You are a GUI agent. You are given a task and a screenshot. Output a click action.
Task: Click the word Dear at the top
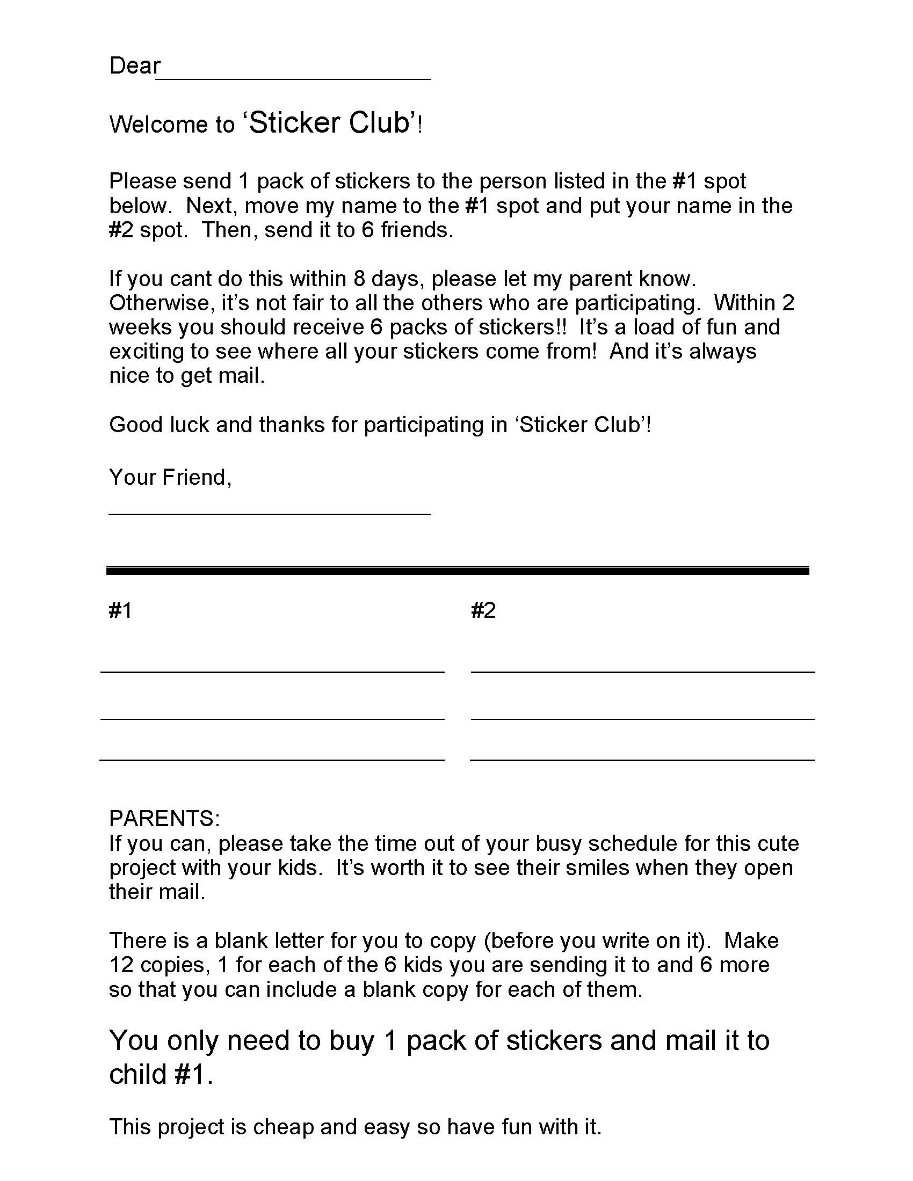click(135, 66)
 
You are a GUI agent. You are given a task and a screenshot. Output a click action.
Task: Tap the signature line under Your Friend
click(270, 513)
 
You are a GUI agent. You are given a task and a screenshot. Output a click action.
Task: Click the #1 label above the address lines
click(120, 610)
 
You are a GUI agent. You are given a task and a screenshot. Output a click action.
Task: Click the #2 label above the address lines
click(483, 610)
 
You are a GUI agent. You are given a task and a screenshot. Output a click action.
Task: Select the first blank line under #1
click(272, 672)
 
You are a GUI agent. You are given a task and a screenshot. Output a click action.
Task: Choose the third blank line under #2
click(642, 760)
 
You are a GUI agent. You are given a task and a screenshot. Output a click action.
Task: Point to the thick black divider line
click(457, 571)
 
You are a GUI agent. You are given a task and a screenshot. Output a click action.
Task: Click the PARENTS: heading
click(164, 819)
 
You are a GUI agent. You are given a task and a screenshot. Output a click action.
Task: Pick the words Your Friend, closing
click(170, 477)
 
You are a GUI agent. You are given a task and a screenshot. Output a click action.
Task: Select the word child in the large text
click(137, 1074)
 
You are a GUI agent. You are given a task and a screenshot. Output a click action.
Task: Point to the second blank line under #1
click(272, 719)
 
